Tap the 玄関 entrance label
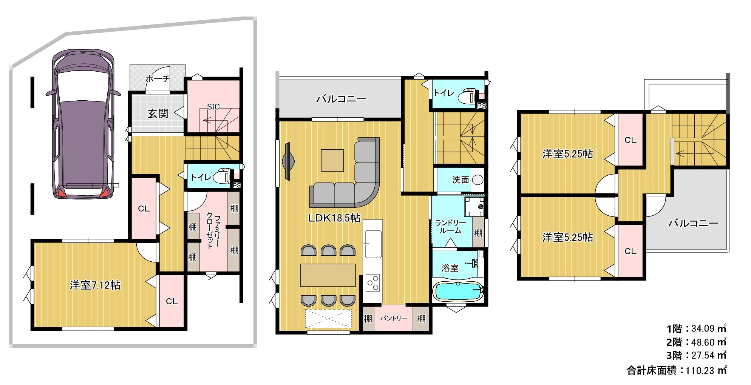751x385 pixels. (158, 113)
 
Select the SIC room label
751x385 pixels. (213, 107)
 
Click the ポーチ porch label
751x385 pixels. (158, 79)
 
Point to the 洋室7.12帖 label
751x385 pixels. (95, 285)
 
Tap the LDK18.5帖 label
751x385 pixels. (334, 218)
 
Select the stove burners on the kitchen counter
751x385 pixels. (373, 283)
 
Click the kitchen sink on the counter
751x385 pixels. (373, 244)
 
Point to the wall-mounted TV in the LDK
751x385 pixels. (288, 161)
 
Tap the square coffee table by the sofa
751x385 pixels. (332, 160)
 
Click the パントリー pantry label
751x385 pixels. (394, 318)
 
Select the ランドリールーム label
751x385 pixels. (450, 227)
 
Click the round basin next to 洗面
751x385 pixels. (477, 180)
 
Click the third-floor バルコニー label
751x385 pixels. (693, 223)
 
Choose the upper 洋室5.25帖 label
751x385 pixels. (567, 154)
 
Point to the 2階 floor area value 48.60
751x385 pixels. (703, 342)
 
